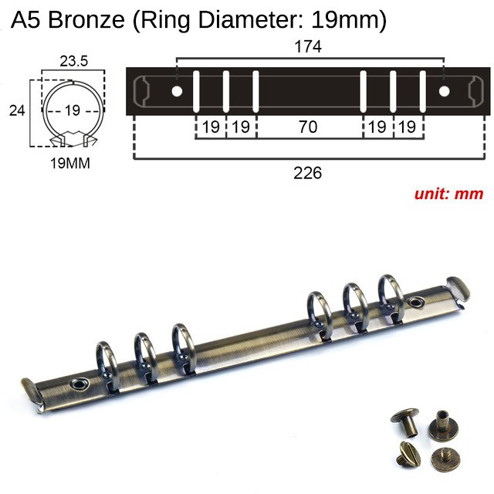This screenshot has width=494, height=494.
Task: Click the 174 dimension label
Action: [x=308, y=46]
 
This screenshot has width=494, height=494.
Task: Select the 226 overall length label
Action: [x=307, y=173]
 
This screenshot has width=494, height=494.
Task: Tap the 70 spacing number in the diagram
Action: [x=308, y=127]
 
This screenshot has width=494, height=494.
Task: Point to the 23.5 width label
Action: [x=74, y=61]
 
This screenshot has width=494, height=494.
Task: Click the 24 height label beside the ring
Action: [x=17, y=111]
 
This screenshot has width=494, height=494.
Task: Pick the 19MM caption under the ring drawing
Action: [x=70, y=163]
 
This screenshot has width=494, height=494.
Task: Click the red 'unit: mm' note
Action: [x=448, y=194]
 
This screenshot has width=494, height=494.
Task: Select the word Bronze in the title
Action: [x=86, y=19]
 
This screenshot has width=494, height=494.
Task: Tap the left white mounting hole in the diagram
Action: [x=177, y=92]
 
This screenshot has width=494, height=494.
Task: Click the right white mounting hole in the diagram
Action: [x=445, y=92]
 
